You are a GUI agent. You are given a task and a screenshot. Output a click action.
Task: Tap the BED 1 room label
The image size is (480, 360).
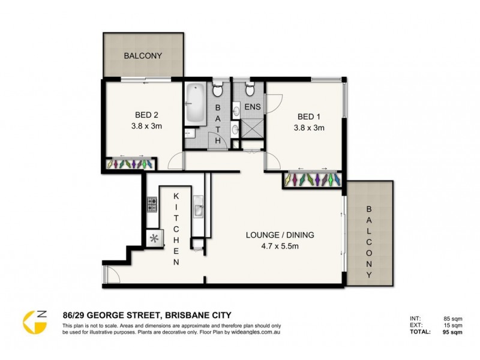pos(309,116)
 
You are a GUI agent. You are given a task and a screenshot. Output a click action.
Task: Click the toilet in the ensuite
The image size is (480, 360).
pos(249,91)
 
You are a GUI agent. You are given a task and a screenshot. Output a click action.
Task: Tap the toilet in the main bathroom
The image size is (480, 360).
pos(218,91)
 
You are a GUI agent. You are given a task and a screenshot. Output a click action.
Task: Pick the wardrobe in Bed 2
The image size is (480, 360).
pos(131,163)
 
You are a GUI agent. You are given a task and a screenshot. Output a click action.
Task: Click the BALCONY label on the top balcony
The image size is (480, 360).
pos(143,56)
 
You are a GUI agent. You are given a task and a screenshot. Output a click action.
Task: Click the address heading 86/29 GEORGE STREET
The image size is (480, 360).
pos(146,314)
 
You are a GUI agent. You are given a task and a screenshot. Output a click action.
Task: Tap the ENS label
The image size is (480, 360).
pos(251,109)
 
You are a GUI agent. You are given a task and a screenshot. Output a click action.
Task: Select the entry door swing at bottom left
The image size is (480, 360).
pos(112,274)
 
